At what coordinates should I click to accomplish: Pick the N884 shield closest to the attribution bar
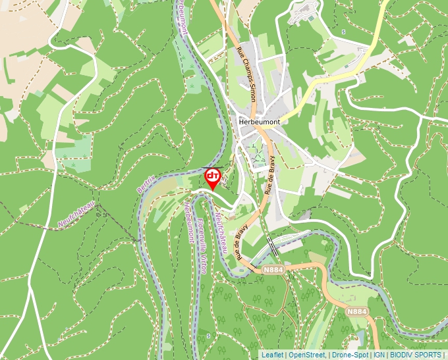(356, 311)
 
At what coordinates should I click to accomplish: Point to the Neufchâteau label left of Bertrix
(76, 215)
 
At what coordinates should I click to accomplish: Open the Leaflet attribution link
(272, 355)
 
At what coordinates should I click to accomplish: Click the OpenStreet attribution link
(306, 355)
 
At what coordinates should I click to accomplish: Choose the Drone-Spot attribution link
(349, 355)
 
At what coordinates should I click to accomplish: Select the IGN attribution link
(379, 355)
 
